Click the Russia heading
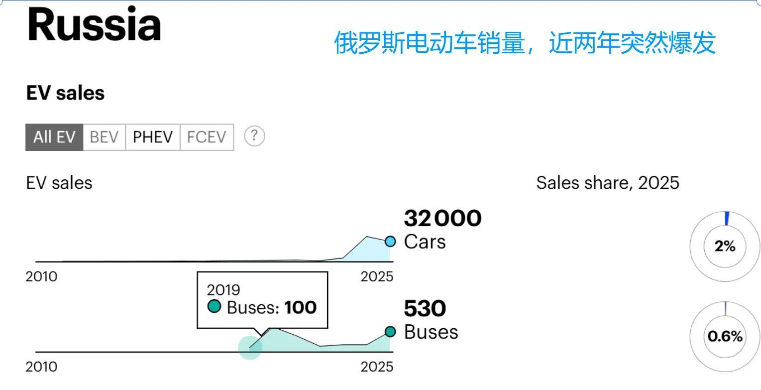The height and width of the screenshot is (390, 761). tap(94, 24)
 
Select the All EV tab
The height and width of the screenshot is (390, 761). tap(54, 137)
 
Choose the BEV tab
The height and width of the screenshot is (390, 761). tap(104, 137)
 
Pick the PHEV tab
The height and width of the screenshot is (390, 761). tap(152, 137)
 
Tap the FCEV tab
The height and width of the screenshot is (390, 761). tap(207, 137)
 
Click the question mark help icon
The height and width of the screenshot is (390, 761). tap(254, 136)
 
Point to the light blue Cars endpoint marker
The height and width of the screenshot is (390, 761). tap(390, 242)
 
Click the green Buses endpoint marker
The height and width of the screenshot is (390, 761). tap(390, 332)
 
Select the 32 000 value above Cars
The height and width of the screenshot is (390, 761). tap(442, 218)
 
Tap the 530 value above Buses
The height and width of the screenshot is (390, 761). tap(425, 308)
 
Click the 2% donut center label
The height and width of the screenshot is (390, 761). tap(725, 246)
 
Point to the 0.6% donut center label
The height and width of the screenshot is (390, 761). tap(725, 336)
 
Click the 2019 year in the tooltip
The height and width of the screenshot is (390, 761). tap(223, 290)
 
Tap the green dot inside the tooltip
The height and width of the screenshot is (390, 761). tap(215, 306)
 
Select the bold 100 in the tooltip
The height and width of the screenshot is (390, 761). tap(301, 307)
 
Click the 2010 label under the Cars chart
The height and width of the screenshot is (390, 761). tap(41, 277)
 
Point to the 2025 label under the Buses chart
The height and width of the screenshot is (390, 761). tap(377, 367)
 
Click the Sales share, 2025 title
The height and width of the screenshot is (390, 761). tap(608, 183)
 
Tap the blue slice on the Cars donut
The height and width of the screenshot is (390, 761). tap(727, 219)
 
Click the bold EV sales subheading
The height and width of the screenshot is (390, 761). tap(65, 93)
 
